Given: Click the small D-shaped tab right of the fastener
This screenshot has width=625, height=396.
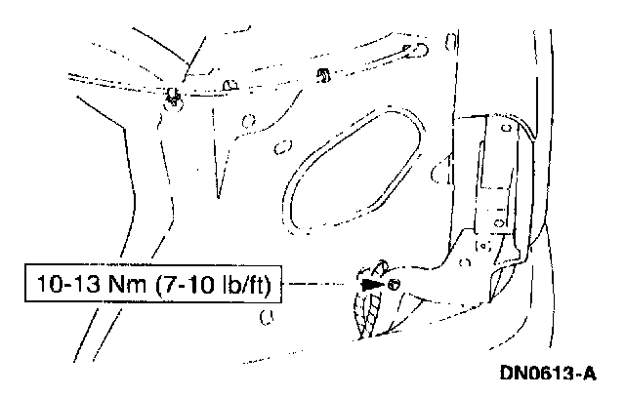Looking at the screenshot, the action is pyautogui.click(x=230, y=85).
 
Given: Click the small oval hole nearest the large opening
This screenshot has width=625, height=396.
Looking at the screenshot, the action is pyautogui.click(x=284, y=148).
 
